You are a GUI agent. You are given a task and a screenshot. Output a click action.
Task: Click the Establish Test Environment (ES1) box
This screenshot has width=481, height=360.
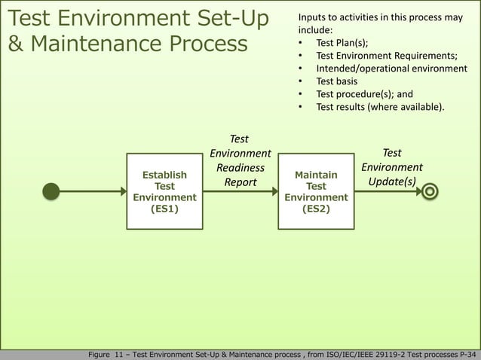coord(164,191)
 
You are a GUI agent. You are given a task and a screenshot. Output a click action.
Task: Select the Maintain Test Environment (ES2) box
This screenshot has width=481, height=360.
coord(316,191)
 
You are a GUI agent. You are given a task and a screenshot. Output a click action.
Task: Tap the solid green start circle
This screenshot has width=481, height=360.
coord(51,191)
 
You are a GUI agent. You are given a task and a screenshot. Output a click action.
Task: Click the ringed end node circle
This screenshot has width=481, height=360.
coord(430,191)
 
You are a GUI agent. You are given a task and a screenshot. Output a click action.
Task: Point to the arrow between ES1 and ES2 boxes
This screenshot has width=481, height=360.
coord(240,191)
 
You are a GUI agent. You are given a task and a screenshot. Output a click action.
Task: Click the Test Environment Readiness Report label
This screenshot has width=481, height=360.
coord(240,160)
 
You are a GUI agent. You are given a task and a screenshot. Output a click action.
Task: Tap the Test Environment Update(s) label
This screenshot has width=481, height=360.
coord(391,167)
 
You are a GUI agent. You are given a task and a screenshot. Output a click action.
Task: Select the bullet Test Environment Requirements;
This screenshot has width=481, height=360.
coord(387,56)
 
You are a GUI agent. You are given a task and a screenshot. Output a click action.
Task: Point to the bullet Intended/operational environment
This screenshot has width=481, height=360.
coord(391,69)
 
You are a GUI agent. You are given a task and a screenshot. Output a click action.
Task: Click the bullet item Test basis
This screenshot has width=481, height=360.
coord(336,81)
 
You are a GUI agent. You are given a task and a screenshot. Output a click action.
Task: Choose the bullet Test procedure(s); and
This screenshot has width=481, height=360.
coord(364,94)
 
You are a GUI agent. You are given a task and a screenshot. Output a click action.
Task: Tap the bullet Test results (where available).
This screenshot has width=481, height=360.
coord(380,107)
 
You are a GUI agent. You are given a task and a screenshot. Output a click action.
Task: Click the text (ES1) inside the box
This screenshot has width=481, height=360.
coord(164,209)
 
